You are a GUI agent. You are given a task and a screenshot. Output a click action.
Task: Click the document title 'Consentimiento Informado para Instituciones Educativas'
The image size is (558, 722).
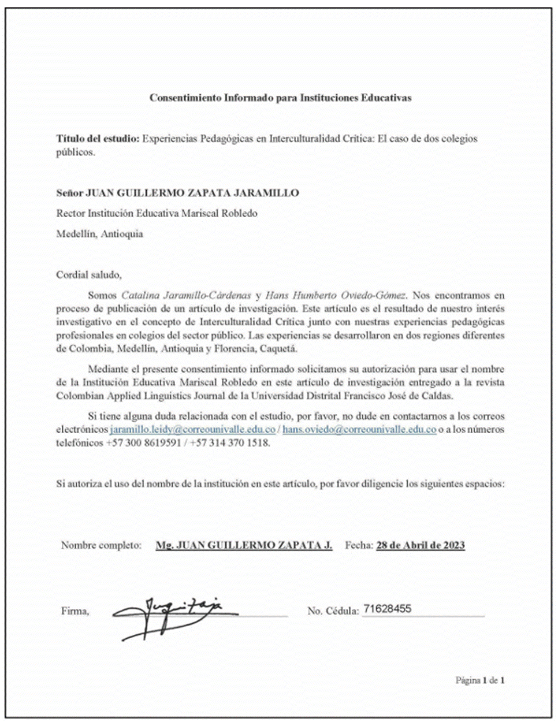tap(280, 98)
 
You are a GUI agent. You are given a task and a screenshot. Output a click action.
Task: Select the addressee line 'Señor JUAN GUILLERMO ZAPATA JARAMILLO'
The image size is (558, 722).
tap(177, 193)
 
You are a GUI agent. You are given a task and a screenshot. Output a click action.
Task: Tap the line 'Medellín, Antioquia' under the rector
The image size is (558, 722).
tap(99, 235)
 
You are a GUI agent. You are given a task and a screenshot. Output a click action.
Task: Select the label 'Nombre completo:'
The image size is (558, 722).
tap(101, 545)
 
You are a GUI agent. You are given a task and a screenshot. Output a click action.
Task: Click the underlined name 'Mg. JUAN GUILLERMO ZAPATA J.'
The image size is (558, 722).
tap(244, 545)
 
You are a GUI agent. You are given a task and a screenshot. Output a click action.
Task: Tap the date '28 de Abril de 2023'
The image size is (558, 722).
tap(420, 545)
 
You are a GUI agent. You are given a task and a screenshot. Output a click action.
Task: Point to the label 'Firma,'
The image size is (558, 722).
tap(75, 612)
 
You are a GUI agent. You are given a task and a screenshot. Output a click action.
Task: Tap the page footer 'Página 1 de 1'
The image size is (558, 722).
tap(480, 680)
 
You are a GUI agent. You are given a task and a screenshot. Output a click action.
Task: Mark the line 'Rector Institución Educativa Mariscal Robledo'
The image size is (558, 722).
tap(157, 214)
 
